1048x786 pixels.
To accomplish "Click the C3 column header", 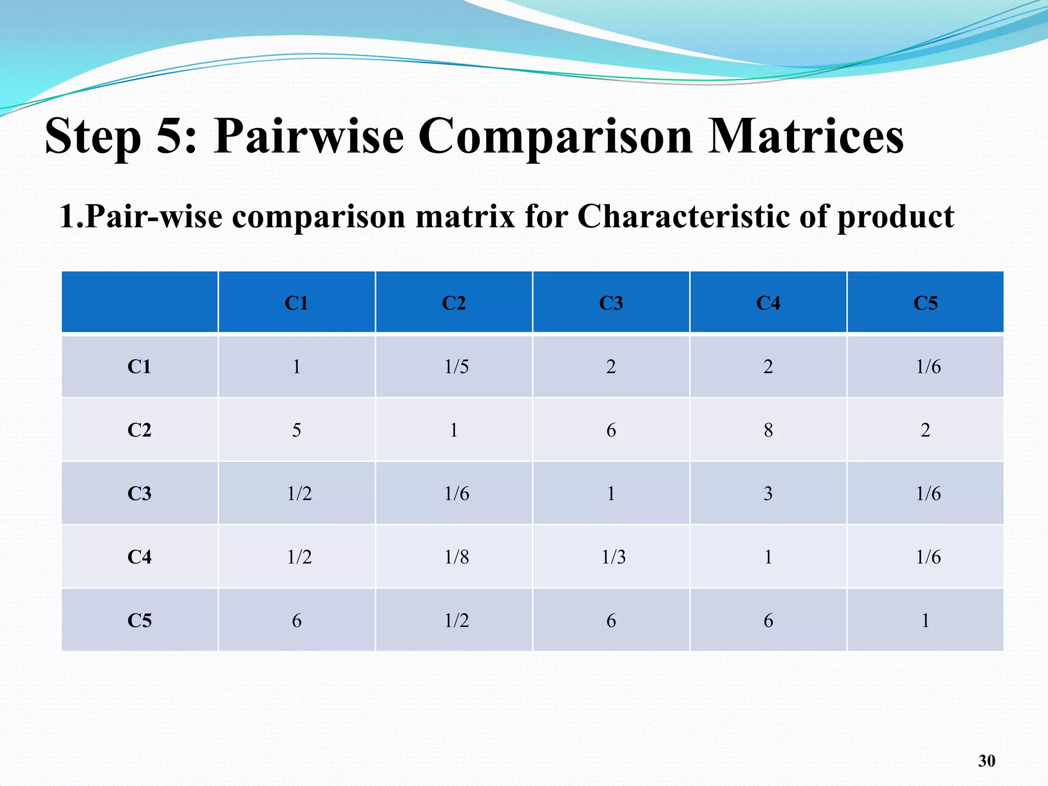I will (x=611, y=303).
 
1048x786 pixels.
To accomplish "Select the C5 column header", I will (x=925, y=303).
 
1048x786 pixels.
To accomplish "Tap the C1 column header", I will (x=296, y=303).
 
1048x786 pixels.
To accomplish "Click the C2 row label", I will (x=139, y=430).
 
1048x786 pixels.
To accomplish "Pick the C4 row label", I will (x=139, y=557).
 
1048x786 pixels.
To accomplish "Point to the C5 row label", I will (x=139, y=620).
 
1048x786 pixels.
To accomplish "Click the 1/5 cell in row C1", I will (x=456, y=366).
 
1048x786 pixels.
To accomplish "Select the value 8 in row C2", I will (x=768, y=430).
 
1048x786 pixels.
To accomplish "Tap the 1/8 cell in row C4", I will (x=456, y=557).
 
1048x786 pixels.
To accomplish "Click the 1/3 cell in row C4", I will (x=613, y=557).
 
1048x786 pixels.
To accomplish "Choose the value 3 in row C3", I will (x=768, y=493).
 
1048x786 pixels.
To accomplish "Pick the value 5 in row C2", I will (x=296, y=430).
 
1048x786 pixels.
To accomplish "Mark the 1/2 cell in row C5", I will (x=456, y=620).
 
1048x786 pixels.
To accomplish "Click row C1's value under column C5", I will (x=928, y=366).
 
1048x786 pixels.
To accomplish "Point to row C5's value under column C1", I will (x=296, y=620).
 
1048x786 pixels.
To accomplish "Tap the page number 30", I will (x=987, y=761).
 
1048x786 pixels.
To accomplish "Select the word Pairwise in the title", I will (x=309, y=136).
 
